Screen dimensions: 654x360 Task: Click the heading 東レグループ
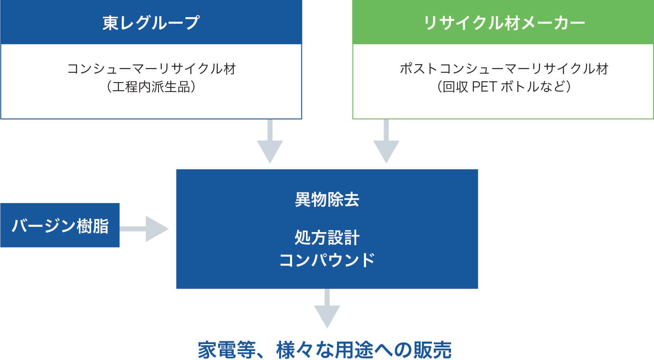(151, 23)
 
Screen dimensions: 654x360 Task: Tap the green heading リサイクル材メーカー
(504, 23)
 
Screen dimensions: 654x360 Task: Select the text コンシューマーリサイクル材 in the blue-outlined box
(152, 69)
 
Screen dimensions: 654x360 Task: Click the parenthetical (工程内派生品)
(151, 87)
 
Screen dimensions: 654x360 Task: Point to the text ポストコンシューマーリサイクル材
(504, 69)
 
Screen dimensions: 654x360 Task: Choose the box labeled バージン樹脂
(60, 225)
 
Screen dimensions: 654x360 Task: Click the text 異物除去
(327, 200)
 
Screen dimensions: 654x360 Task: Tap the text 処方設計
(327, 237)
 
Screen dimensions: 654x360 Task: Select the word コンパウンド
(327, 260)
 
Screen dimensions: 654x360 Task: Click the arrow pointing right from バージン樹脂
(144, 229)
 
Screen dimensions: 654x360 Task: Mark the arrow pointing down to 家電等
(327, 309)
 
